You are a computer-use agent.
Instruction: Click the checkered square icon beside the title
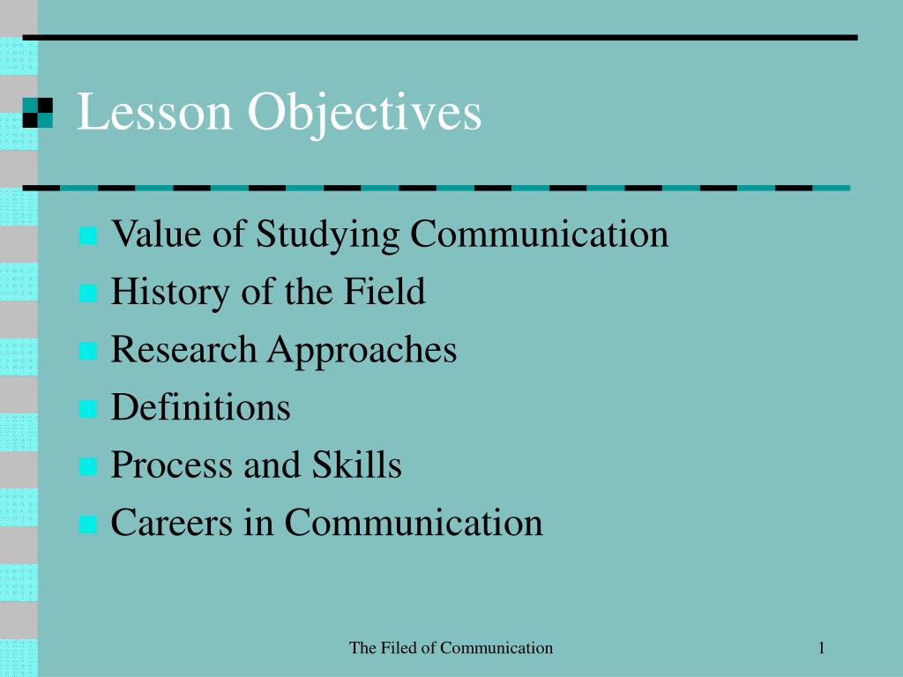coord(38,113)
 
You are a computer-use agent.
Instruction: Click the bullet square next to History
coord(87,294)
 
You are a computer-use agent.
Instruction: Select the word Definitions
coord(200,407)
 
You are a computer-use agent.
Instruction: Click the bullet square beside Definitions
coord(87,409)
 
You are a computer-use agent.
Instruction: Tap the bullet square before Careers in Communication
coord(87,524)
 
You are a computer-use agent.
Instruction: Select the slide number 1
coord(821,649)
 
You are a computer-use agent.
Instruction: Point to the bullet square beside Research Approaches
coord(87,352)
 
